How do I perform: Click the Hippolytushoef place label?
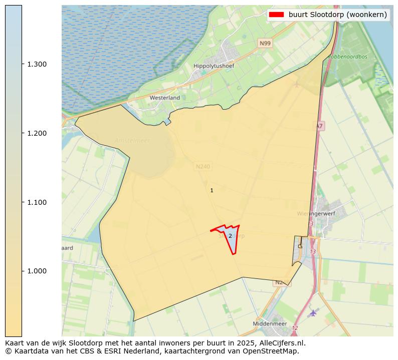click(x=214, y=66)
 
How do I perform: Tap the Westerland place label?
click(x=164, y=98)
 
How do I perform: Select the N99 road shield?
click(x=265, y=44)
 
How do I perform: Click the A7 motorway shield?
click(x=319, y=127)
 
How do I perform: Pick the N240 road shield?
click(x=203, y=166)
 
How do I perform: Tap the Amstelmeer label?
click(x=132, y=141)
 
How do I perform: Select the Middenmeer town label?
click(x=270, y=324)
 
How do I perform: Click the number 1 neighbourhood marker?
click(x=212, y=190)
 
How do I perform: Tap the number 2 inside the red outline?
click(x=230, y=236)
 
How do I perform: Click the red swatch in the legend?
click(x=276, y=15)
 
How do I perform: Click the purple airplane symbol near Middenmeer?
click(x=313, y=313)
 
